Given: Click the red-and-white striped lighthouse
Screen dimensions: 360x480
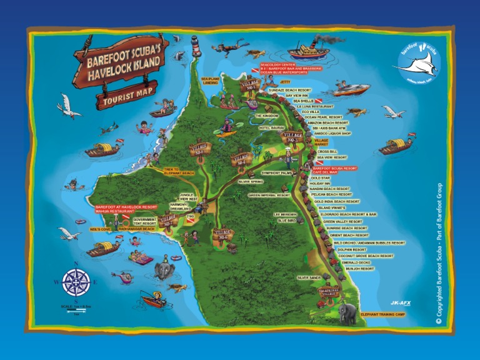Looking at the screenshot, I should pyautogui.click(x=194, y=47).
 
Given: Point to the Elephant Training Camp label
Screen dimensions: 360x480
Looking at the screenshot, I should pyautogui.click(x=383, y=314).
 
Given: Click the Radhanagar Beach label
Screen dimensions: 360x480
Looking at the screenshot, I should pyautogui.click(x=136, y=229).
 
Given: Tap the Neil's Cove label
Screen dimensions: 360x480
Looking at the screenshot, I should pyautogui.click(x=100, y=229).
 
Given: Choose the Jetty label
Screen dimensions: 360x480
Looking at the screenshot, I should pyautogui.click(x=286, y=82).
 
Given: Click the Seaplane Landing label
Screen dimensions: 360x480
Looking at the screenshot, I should pyautogui.click(x=210, y=81).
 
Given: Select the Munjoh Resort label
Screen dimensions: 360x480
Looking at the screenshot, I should pyautogui.click(x=367, y=269).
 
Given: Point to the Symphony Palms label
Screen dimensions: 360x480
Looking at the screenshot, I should pyautogui.click(x=277, y=172).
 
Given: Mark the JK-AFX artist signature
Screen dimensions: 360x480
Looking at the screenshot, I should pyautogui.click(x=400, y=302).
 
